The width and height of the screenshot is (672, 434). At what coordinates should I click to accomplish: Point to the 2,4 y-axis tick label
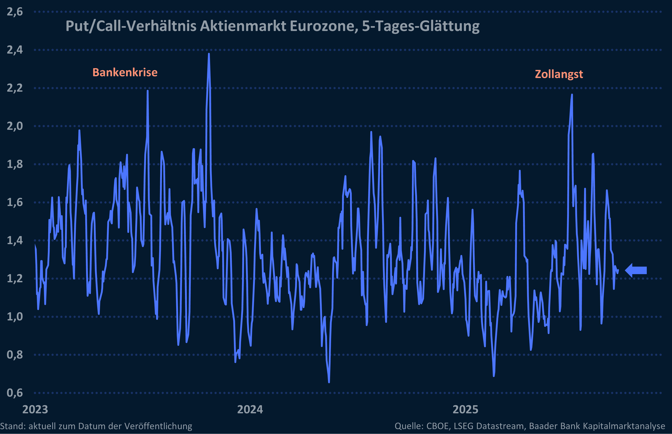15,50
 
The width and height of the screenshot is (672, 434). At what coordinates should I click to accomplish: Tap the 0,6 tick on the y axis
15,393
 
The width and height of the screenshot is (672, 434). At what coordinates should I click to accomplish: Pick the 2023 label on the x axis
35,409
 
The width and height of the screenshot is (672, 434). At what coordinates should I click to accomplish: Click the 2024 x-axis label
250,409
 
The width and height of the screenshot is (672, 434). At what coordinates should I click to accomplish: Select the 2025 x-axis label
465,409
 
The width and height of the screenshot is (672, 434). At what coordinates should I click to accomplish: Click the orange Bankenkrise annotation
125,72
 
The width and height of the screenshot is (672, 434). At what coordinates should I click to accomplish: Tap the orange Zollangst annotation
559,74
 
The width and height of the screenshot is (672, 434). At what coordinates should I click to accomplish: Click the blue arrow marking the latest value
636,270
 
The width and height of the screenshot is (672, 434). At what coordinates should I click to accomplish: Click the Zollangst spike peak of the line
572,95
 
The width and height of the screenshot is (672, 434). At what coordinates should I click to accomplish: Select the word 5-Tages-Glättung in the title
421,26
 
